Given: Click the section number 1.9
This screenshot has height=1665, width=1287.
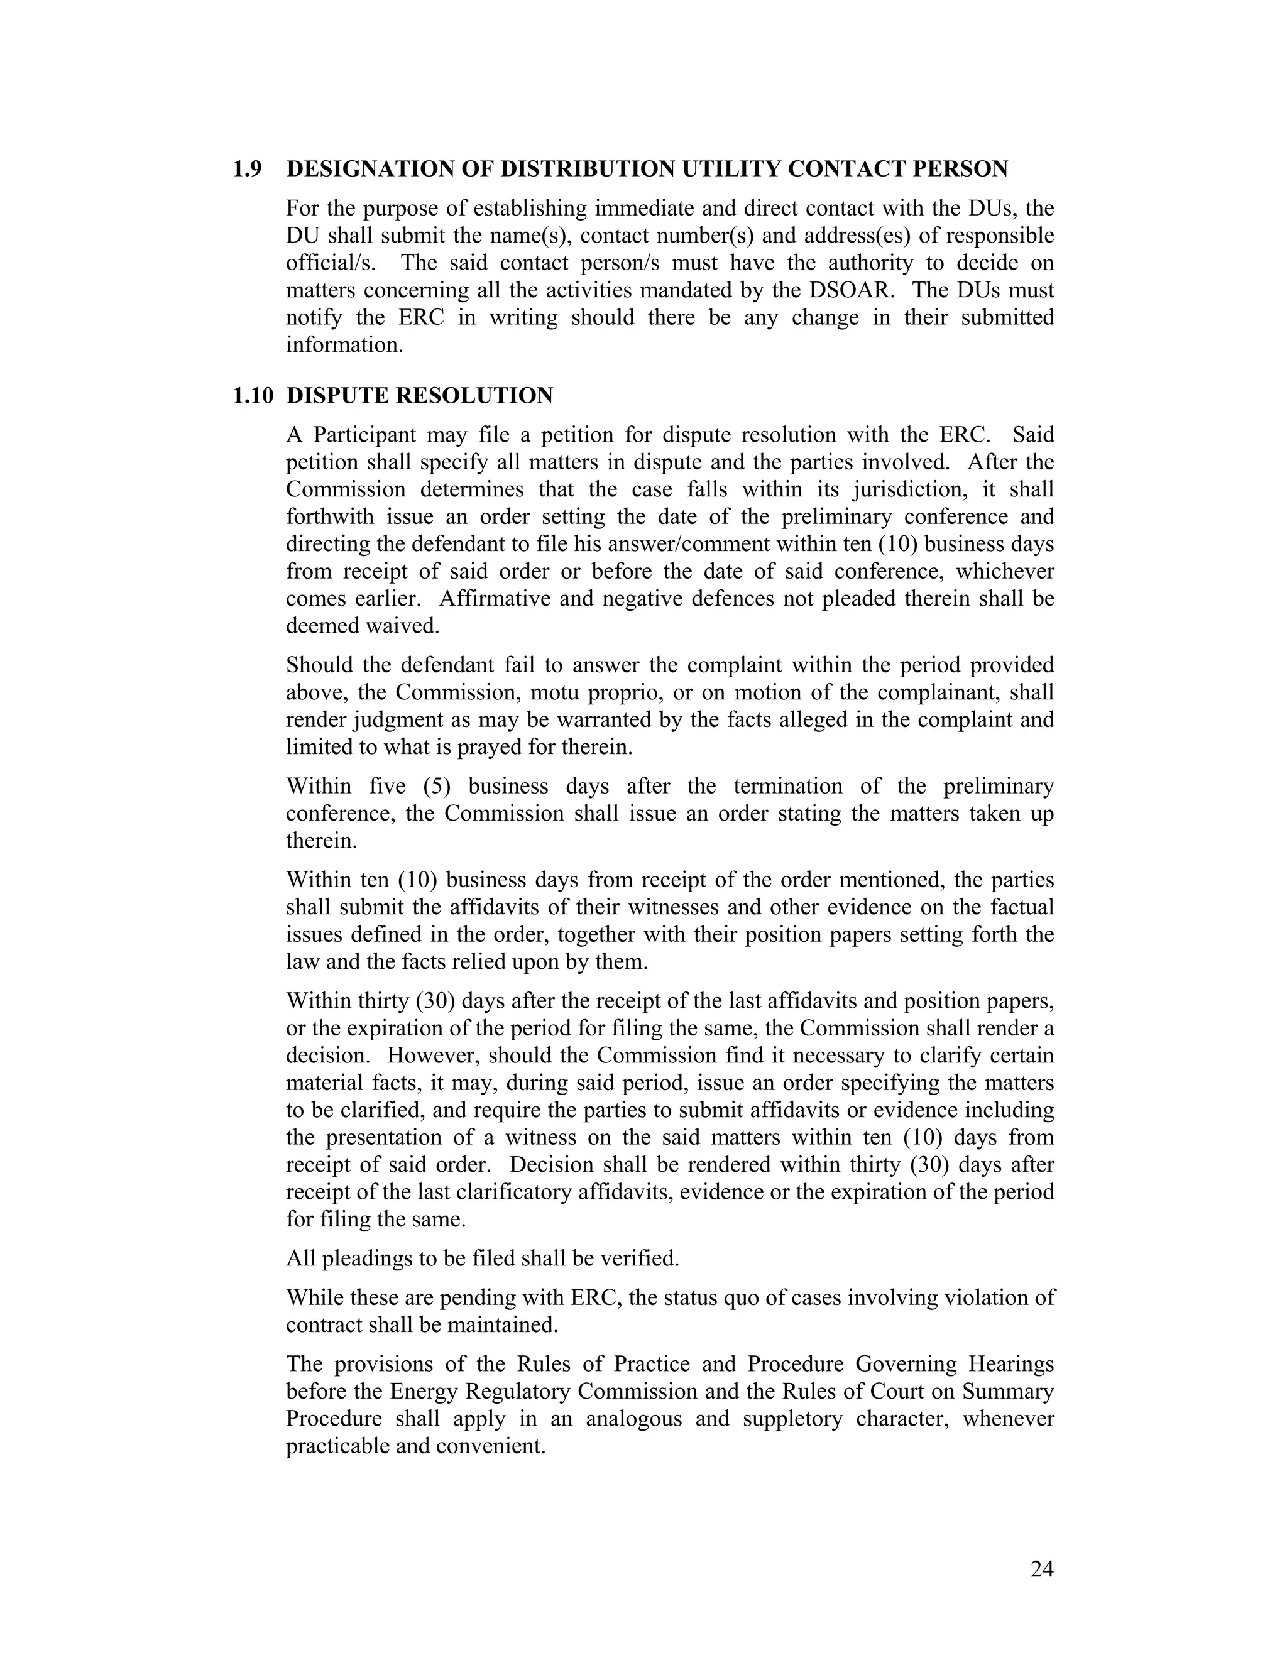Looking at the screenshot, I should pos(247,169).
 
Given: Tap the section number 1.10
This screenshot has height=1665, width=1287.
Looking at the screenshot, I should pos(253,396).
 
